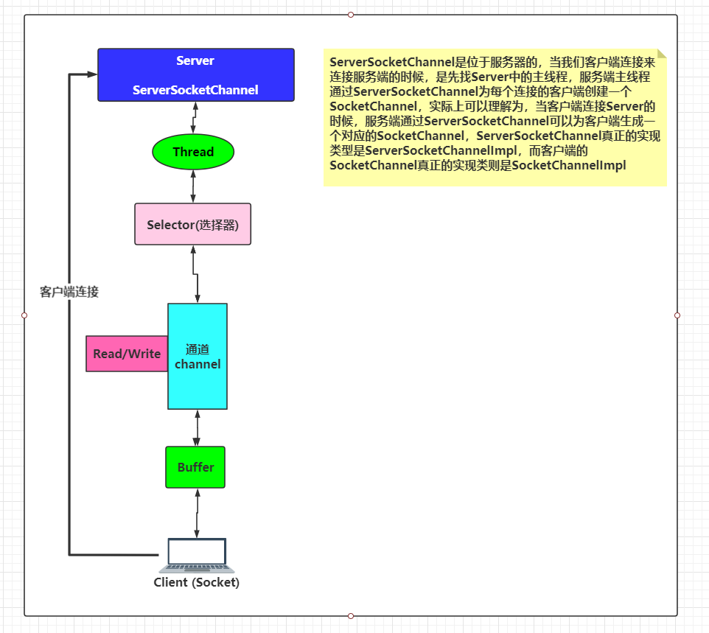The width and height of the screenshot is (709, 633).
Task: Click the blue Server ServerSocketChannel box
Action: pyautogui.click(x=196, y=75)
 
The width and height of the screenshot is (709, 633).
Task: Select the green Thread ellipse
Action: pyautogui.click(x=193, y=152)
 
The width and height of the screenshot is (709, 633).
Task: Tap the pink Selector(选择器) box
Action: pyautogui.click(x=193, y=224)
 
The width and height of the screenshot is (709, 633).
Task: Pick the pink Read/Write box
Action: pyautogui.click(x=127, y=354)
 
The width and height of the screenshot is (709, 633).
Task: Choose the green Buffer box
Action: pyautogui.click(x=195, y=467)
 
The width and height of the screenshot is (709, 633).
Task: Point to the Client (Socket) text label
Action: pyautogui.click(x=197, y=582)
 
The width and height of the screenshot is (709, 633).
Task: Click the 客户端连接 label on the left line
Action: pyautogui.click(x=69, y=292)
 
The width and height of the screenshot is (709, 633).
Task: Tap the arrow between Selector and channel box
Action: pyautogui.click(x=195, y=273)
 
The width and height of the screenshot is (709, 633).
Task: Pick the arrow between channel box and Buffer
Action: pyautogui.click(x=197, y=427)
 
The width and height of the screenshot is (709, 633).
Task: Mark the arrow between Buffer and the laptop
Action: pyautogui.click(x=197, y=513)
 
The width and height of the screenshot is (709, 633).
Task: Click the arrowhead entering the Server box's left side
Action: pyautogui.click(x=92, y=74)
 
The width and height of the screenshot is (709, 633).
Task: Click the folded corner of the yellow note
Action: pyautogui.click(x=661, y=54)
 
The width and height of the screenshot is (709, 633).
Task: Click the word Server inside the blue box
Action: pyautogui.click(x=195, y=60)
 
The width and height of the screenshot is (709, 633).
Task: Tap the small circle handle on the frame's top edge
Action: pyautogui.click(x=351, y=15)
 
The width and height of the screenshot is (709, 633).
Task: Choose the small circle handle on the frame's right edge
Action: pyautogui.click(x=677, y=315)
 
